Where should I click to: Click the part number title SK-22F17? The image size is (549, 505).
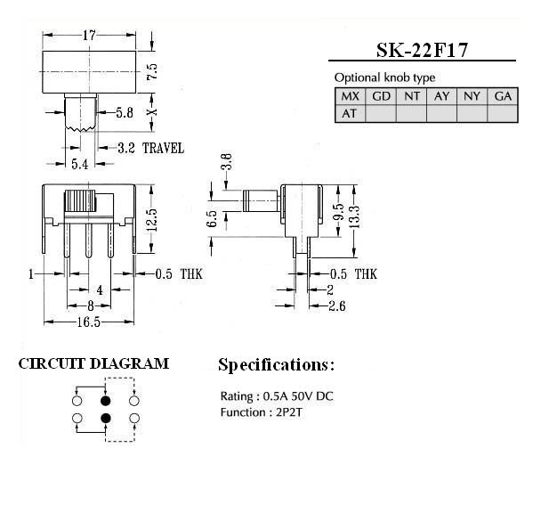[422, 51]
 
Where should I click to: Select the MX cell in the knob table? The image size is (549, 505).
[350, 96]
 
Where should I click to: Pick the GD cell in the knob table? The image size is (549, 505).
[381, 96]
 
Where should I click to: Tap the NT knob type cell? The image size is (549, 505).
[412, 96]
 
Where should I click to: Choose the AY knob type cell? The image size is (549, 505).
[442, 96]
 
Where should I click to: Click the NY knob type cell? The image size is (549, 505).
[472, 96]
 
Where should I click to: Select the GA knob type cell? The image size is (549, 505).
[503, 96]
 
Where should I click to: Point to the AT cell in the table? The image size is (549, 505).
[350, 113]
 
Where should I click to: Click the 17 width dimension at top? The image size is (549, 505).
[89, 35]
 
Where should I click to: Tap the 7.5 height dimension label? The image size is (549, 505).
[152, 72]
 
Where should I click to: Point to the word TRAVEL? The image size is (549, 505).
[163, 148]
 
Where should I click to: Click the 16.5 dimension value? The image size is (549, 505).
[89, 322]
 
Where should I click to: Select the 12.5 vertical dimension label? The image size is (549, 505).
[151, 220]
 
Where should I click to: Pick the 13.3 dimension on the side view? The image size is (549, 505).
[354, 217]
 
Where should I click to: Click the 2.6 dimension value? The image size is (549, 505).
[337, 306]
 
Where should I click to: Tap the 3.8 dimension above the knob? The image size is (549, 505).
[227, 161]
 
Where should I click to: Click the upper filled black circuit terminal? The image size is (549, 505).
[106, 401]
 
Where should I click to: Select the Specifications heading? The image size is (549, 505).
[276, 365]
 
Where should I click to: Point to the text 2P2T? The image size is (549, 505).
[289, 412]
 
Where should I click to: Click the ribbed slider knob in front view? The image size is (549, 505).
[80, 200]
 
